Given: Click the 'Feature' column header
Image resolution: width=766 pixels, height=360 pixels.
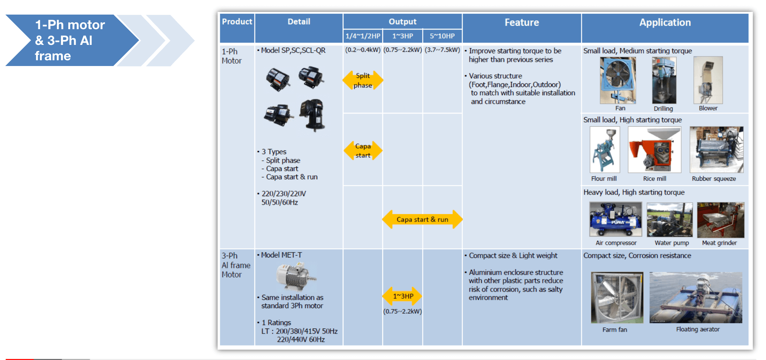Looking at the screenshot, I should pos(522,23).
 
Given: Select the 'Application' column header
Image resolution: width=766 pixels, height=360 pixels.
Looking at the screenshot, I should pos(665,23).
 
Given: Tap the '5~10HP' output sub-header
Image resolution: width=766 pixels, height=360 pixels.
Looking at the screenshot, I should pos(442,36).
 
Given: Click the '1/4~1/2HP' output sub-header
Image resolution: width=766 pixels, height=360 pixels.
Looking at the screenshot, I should pos(363,36).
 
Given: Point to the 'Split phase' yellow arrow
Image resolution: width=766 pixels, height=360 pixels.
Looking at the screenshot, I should pos(363,80).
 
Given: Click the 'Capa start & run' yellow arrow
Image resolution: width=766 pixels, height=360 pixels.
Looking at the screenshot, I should pos(422,220).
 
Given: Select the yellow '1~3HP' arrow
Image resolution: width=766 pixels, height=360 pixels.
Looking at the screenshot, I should pos(403,296).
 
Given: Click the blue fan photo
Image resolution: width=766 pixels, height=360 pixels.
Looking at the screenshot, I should pos(617,80).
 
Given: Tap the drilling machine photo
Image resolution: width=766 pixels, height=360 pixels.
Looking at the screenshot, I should pos(664,80).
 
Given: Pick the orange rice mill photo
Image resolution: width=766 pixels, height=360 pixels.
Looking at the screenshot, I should pos(654,150).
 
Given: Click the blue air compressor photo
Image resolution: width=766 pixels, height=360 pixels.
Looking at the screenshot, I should pos(616,220).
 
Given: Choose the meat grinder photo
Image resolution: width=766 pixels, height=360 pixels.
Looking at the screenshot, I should pos(720,220).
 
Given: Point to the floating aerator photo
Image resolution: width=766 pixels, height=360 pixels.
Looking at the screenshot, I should pos(695,297).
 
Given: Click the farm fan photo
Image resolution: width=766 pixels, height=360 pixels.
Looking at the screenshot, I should pos(617,297).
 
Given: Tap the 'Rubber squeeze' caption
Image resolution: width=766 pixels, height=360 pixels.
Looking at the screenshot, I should pos(713,179).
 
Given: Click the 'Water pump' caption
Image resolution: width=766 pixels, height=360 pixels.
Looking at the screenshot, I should pos(672,243).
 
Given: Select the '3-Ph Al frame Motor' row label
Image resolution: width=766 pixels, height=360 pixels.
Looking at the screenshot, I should pos(236,265).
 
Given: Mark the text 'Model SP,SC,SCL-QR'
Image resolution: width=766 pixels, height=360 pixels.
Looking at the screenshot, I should pos(293,50).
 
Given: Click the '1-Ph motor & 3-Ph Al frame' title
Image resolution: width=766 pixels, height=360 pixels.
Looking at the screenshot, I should pos(70,40).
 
